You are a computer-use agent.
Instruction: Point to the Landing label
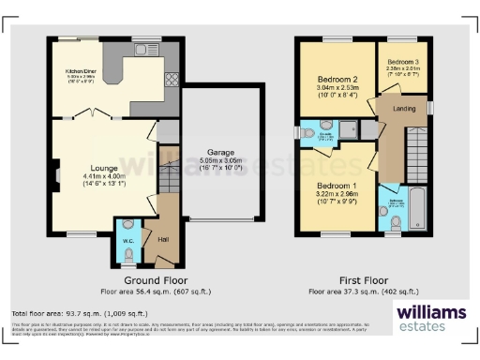404,109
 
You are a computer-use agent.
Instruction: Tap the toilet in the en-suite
324,125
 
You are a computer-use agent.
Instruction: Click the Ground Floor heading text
156,280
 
